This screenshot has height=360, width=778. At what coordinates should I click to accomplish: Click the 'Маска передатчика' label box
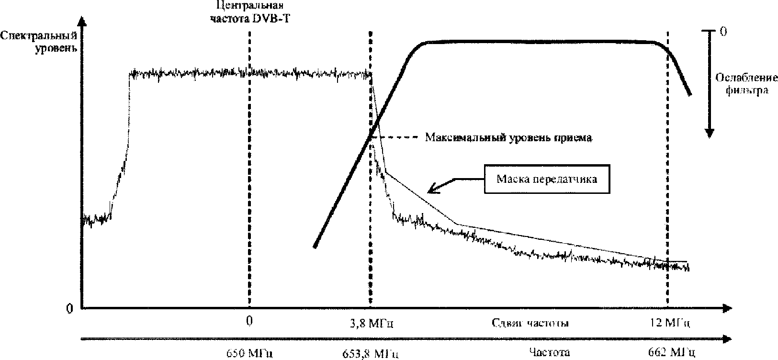pyautogui.click(x=547, y=180)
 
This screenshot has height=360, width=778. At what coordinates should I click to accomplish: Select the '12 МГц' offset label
pyautogui.click(x=670, y=324)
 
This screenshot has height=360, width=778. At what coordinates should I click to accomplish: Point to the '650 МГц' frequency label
pyautogui.click(x=248, y=354)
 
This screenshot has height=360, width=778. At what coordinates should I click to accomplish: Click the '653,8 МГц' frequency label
pyautogui.click(x=371, y=354)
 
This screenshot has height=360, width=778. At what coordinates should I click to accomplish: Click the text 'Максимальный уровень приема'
pyautogui.click(x=508, y=138)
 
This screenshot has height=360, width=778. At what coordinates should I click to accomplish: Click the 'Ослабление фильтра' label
pyautogui.click(x=743, y=83)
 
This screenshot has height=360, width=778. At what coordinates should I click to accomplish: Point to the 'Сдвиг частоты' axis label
pyautogui.click(x=530, y=323)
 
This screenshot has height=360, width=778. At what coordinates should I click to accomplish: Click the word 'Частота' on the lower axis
pyautogui.click(x=550, y=353)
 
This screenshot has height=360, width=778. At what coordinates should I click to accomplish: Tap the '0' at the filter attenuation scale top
pyautogui.click(x=723, y=32)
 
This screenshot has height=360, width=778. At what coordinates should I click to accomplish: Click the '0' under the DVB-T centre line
pyautogui.click(x=249, y=320)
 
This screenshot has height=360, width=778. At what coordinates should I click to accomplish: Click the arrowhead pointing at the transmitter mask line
pyautogui.click(x=431, y=190)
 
